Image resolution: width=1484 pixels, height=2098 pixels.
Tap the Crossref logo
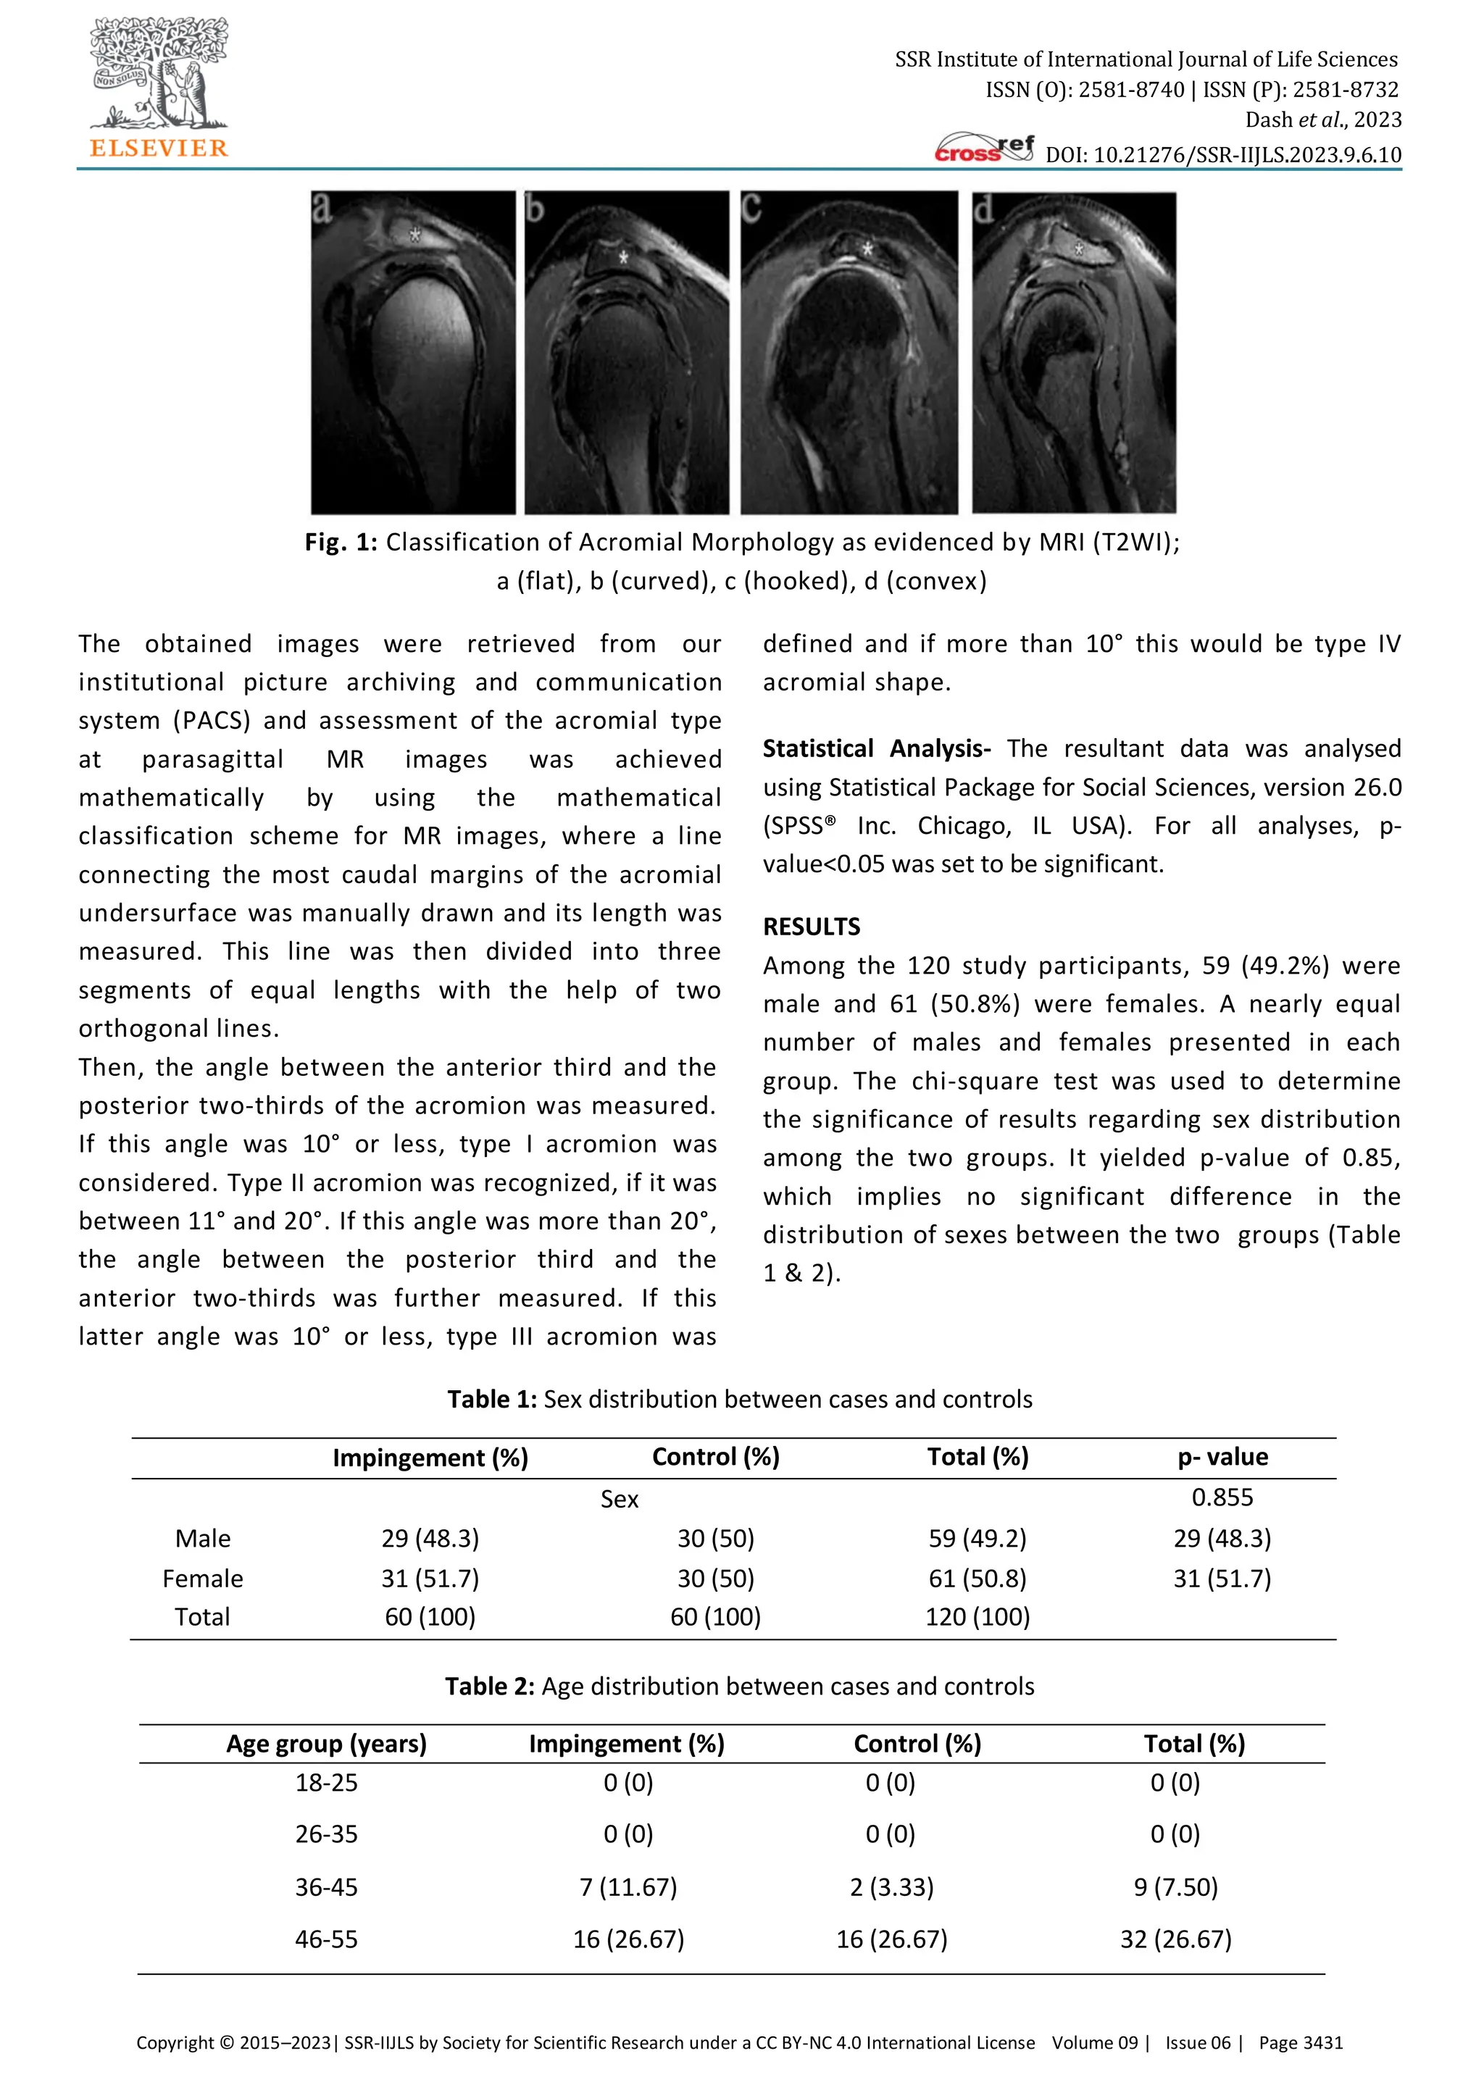(984, 149)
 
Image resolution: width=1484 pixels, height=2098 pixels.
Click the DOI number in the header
(1222, 154)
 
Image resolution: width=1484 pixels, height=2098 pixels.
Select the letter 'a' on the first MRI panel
(322, 209)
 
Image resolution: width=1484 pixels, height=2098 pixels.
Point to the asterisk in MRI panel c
(867, 248)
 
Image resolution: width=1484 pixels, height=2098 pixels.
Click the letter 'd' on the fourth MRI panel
(983, 210)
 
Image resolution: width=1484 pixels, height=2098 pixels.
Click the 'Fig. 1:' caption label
(341, 542)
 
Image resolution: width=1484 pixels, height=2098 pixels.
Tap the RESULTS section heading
(812, 927)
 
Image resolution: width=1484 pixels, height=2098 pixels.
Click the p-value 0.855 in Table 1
(1222, 1497)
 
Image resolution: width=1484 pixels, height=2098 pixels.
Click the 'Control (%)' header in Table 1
(715, 1457)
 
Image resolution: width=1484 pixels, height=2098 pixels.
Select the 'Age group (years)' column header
(326, 1744)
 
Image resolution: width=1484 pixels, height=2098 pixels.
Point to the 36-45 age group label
(326, 1887)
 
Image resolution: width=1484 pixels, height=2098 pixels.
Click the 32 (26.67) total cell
(1175, 1939)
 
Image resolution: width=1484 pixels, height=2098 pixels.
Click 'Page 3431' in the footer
(1301, 2042)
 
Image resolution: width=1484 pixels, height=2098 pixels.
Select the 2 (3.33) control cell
(891, 1887)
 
